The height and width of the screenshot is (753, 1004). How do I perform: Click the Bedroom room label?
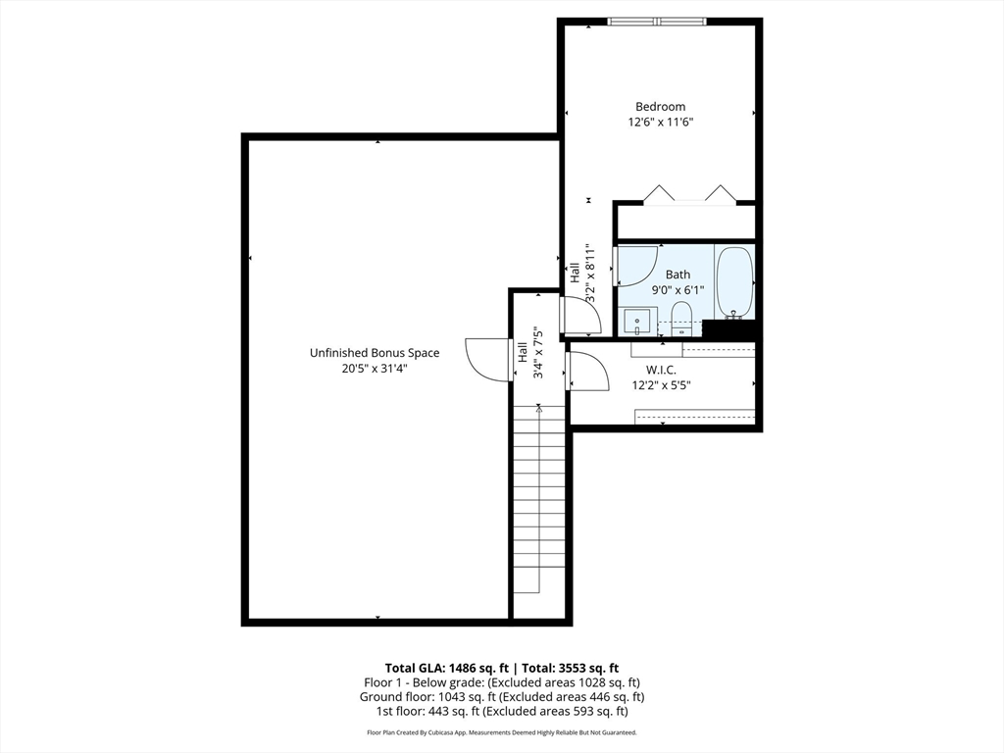(x=660, y=107)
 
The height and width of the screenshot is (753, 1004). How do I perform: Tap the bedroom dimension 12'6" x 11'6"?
(x=660, y=123)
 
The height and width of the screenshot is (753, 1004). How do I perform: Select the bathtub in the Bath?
(x=733, y=281)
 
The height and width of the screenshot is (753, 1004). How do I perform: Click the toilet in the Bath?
(x=681, y=318)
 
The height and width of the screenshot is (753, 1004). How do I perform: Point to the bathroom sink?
(x=638, y=321)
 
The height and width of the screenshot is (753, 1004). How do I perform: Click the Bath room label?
(x=678, y=275)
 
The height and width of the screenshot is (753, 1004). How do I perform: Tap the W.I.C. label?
(x=661, y=370)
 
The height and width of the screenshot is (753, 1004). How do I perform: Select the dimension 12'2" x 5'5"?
(x=661, y=385)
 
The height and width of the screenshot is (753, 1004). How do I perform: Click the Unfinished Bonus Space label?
(x=375, y=353)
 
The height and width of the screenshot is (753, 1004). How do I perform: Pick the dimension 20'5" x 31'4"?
(x=375, y=369)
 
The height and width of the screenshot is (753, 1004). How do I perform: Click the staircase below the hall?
(x=538, y=500)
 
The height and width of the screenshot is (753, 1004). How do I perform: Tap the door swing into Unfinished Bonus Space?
(x=487, y=360)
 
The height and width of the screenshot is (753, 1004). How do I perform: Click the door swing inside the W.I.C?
(x=587, y=372)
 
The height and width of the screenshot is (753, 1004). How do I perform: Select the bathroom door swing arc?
(x=636, y=267)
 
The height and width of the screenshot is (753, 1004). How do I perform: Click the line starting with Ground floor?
(x=501, y=697)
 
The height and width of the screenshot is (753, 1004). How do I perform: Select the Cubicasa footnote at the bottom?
(x=501, y=732)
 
